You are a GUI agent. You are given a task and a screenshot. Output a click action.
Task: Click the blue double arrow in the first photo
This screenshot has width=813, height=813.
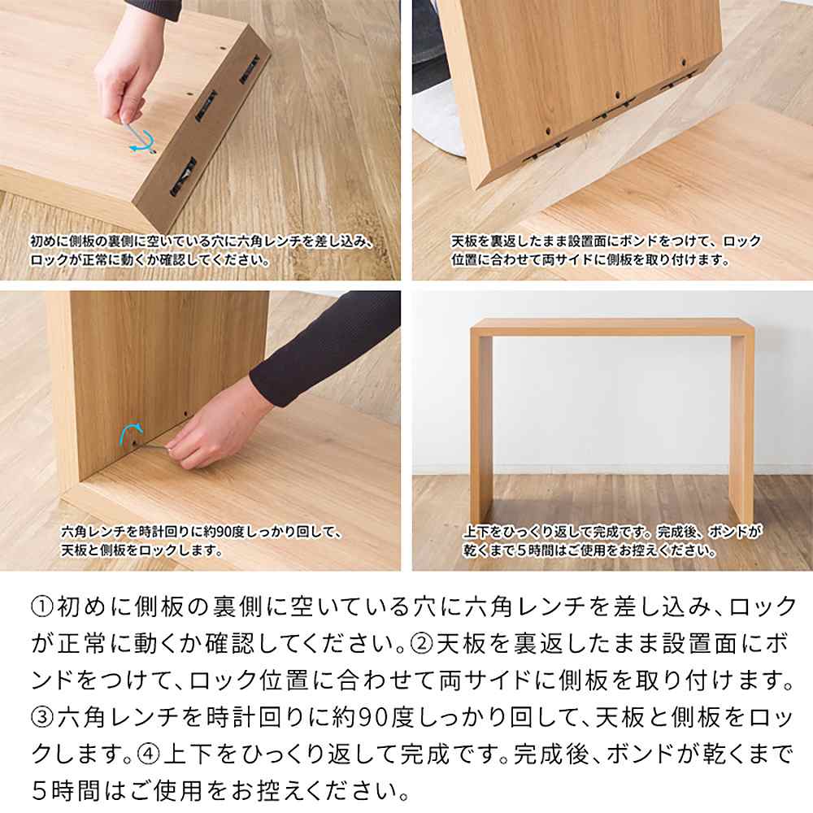pos(141,140)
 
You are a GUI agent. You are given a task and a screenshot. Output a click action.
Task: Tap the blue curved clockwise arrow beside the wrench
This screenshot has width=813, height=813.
pos(131,432)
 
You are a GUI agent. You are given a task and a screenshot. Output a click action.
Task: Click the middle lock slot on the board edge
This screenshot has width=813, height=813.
pos(209,106)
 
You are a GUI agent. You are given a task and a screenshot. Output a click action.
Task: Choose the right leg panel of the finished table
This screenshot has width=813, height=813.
pos(741,423)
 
